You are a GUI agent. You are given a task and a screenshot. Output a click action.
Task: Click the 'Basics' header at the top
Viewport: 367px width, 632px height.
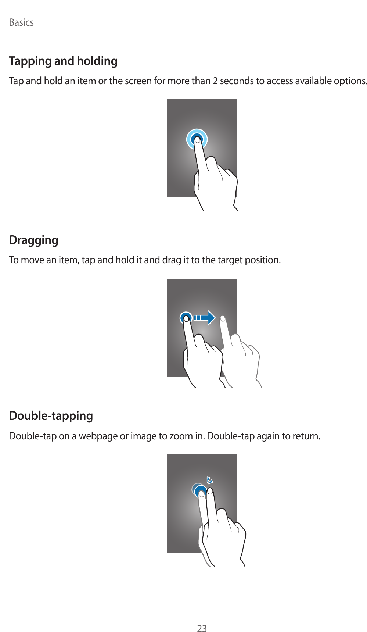click(21, 22)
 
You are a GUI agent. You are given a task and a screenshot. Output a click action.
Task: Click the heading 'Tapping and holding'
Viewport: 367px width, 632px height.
click(63, 61)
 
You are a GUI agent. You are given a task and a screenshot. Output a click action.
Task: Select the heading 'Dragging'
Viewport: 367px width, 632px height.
click(33, 240)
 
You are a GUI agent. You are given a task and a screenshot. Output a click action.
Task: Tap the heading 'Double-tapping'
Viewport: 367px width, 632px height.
click(51, 416)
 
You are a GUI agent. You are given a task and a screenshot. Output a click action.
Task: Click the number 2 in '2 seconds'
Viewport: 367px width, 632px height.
click(215, 81)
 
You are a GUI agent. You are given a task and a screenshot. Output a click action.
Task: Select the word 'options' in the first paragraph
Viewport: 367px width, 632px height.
click(351, 81)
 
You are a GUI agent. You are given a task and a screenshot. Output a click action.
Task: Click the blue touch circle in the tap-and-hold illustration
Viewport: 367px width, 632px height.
click(197, 139)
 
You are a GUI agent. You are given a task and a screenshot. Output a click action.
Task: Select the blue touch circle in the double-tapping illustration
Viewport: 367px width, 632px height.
click(201, 491)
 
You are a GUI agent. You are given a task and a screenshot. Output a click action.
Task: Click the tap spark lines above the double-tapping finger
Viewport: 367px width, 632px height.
click(210, 480)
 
